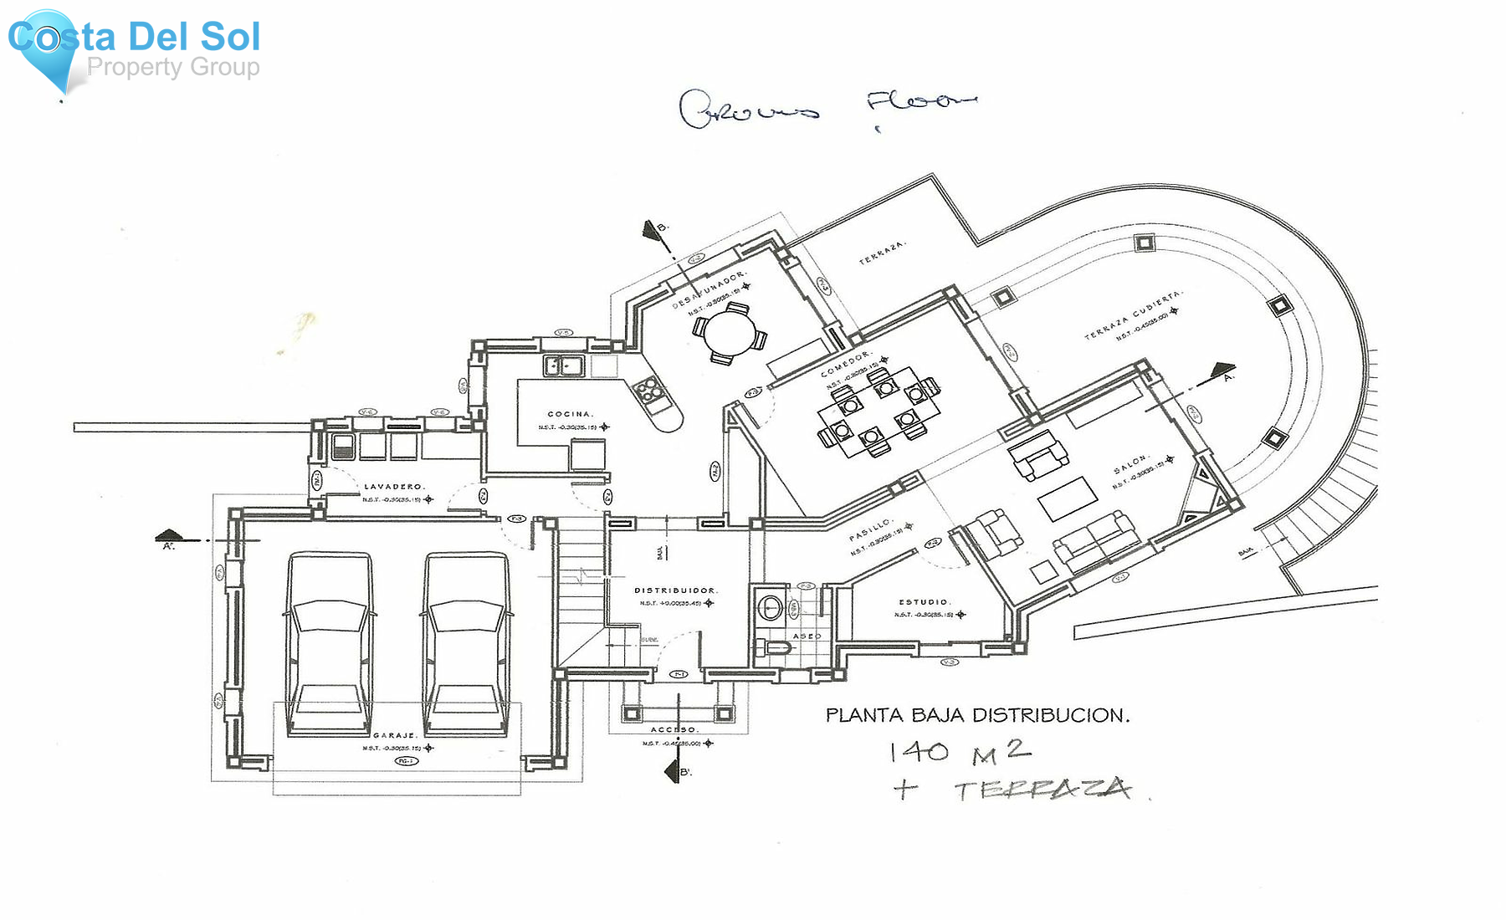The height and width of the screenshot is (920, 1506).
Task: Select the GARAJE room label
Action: [x=395, y=735]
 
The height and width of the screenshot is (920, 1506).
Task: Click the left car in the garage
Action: [x=330, y=644]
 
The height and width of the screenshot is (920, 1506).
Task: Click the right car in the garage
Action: [x=466, y=644]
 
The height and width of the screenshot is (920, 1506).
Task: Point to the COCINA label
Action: [x=570, y=414]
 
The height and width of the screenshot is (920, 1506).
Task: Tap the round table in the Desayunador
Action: [x=729, y=333]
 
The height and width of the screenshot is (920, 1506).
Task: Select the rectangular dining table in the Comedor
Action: [x=877, y=411]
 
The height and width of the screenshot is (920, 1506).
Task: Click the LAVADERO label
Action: [x=393, y=486]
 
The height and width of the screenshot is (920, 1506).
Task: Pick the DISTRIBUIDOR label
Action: [x=675, y=590]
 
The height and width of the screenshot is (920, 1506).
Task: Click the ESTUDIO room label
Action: [x=924, y=601]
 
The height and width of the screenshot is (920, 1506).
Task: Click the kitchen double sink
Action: [x=564, y=365]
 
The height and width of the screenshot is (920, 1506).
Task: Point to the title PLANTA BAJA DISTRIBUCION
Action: [x=977, y=715]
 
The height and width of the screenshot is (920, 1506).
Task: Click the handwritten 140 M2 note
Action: [x=959, y=752]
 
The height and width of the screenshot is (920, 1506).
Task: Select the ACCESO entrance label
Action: [x=674, y=729]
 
